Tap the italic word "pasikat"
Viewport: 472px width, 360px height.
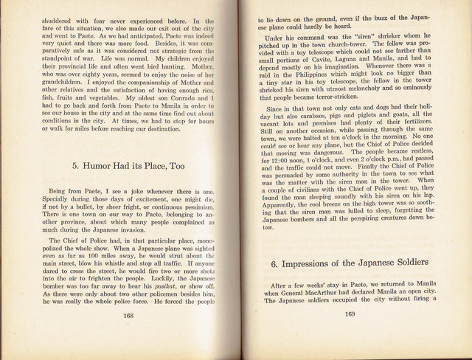click(169, 283)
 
